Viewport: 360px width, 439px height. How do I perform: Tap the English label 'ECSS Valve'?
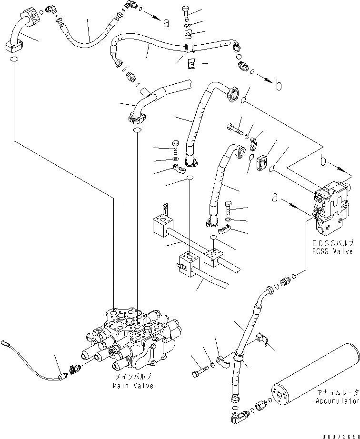(x=332, y=251)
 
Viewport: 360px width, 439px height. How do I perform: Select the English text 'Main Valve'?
(x=133, y=386)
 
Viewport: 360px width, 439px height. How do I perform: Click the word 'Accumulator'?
(x=337, y=401)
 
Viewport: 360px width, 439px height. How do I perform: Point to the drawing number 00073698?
(x=340, y=436)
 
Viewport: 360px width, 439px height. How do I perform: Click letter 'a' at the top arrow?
(x=166, y=23)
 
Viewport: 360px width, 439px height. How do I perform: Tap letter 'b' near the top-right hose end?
(x=279, y=85)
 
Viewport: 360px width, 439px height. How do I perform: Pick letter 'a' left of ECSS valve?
(x=275, y=198)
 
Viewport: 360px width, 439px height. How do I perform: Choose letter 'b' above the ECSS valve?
(x=323, y=161)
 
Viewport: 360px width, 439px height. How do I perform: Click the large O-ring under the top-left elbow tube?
(x=14, y=60)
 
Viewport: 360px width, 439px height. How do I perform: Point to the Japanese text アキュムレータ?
(x=338, y=392)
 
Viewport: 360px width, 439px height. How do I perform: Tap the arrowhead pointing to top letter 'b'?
(x=269, y=80)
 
